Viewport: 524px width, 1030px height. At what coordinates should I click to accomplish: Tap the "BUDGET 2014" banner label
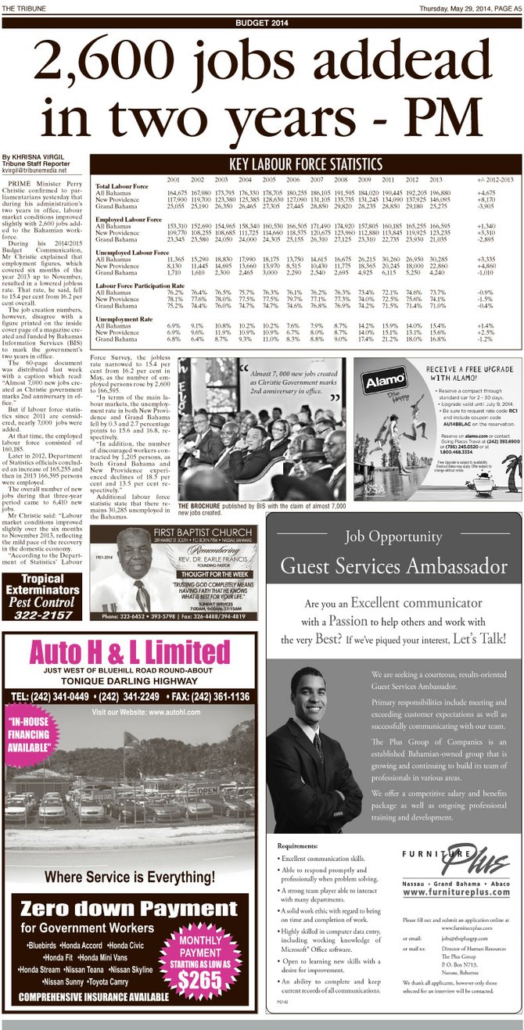click(x=262, y=23)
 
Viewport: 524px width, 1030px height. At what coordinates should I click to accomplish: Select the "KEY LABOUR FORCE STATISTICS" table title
click(x=304, y=164)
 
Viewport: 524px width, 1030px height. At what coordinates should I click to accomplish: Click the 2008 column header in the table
click(x=340, y=181)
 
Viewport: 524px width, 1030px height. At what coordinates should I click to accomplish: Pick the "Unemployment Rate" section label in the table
click(x=124, y=319)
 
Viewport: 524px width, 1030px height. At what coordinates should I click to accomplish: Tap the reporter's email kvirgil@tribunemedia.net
click(x=34, y=170)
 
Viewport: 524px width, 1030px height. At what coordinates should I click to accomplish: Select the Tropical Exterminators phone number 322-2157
click(x=41, y=615)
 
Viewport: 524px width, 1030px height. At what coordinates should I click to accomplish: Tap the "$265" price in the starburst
click(x=199, y=974)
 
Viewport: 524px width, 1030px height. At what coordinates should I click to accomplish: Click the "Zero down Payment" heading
click(x=128, y=909)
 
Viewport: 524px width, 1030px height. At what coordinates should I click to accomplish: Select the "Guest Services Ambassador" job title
click(x=393, y=565)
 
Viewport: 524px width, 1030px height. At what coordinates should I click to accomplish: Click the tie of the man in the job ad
click(x=318, y=746)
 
